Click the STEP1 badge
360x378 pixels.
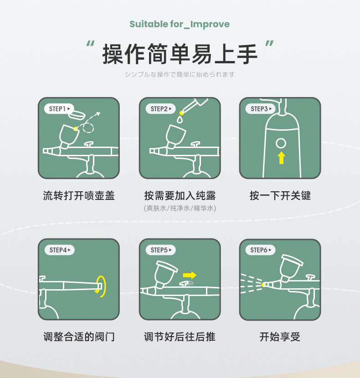point(59,109)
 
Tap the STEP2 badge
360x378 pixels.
point(161,109)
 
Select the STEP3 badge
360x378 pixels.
point(261,109)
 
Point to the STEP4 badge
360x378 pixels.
point(60,250)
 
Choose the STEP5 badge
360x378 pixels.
point(161,250)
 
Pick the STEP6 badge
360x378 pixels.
point(261,250)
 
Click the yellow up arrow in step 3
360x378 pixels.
point(281,158)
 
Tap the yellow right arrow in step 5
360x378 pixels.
point(190,275)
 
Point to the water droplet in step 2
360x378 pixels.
point(180,120)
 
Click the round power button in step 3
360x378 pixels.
point(281,143)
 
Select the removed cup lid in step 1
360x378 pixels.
point(77,114)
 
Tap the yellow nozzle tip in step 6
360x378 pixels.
point(263,285)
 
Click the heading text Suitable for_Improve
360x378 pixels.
point(180,24)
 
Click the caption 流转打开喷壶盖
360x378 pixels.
point(79,195)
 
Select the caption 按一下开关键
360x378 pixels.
point(280,195)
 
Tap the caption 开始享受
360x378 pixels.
point(280,337)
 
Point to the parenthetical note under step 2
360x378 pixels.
point(180,208)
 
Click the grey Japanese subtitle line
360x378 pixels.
point(180,74)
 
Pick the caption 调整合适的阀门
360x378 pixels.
point(79,337)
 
